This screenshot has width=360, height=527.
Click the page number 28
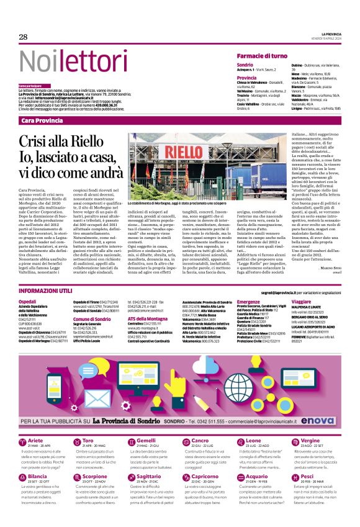(24, 37)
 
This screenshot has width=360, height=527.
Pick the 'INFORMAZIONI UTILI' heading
(47, 291)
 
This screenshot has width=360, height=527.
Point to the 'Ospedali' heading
(28, 302)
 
